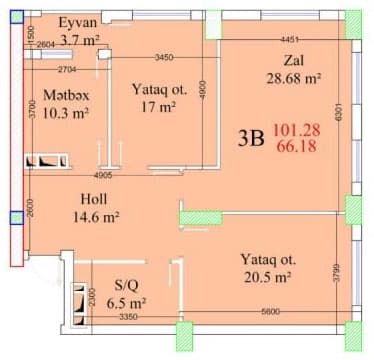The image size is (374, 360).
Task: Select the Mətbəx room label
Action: click(x=66, y=96)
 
